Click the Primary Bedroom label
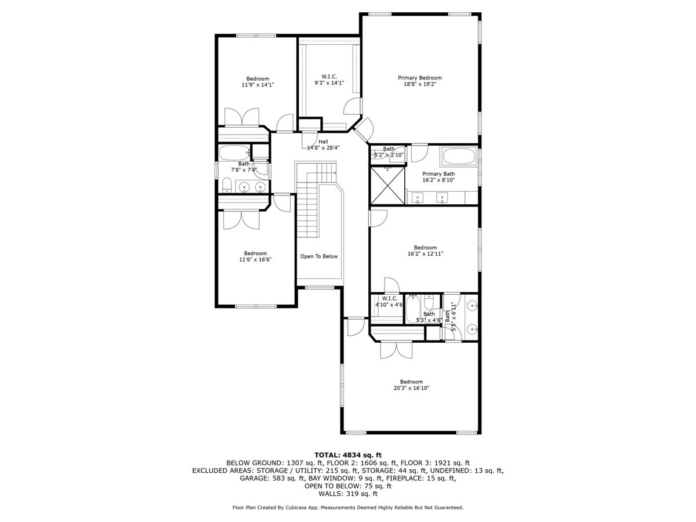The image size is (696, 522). click(419, 78)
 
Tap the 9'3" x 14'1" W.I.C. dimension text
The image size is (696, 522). click(329, 83)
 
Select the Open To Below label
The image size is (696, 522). click(319, 256)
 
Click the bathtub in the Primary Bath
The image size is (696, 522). click(459, 157)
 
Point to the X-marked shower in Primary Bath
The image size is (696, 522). click(387, 186)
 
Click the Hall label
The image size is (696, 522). click(323, 142)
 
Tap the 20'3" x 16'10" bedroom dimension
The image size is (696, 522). click(411, 387)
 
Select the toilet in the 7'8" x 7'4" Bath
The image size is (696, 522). click(226, 185)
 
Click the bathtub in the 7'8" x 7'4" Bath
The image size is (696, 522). click(234, 153)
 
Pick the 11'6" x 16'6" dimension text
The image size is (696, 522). click(255, 259)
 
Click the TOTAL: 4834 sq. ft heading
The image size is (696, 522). click(348, 455)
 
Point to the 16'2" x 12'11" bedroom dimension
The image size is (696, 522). click(425, 253)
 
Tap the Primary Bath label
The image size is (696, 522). click(438, 173)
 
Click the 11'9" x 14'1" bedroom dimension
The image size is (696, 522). click(258, 85)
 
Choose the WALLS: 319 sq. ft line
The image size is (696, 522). click(348, 494)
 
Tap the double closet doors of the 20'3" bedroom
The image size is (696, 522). click(396, 350)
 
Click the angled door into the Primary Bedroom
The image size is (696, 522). click(364, 130)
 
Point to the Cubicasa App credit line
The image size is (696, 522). click(348, 507)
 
